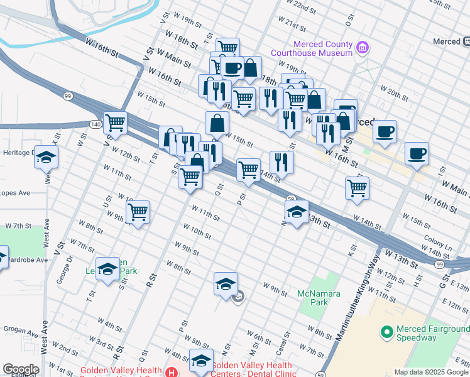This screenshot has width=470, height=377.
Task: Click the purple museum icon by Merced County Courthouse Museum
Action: [x=361, y=47]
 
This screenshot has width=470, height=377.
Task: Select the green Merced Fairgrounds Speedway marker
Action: [x=386, y=331]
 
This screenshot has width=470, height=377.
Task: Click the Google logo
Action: [x=20, y=369]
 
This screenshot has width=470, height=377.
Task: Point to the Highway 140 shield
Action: [x=94, y=124]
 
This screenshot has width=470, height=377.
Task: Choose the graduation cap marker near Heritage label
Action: [x=46, y=156]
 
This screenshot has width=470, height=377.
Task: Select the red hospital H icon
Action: [x=170, y=373]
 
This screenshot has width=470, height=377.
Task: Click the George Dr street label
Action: [x=63, y=274]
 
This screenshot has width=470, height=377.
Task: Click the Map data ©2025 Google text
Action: [x=430, y=371]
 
